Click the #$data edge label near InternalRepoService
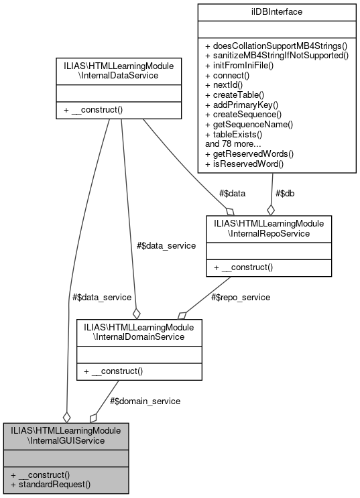tap(232, 193)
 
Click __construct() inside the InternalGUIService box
tap(45, 474)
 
